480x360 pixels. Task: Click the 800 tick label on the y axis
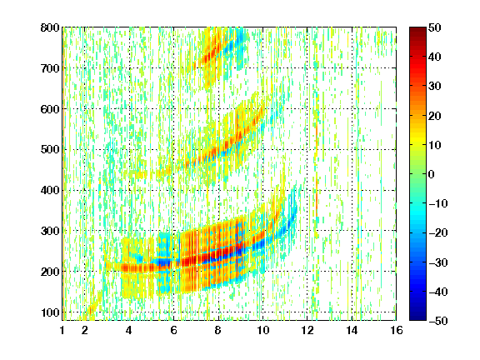[x=50, y=27]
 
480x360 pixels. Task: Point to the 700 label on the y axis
[x=50, y=68]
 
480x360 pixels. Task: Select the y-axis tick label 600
[x=50, y=109]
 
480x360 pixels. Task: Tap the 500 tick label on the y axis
[x=50, y=150]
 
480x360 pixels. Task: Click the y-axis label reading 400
[x=50, y=190]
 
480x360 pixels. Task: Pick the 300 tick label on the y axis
[x=50, y=231]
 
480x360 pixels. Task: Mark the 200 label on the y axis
[x=50, y=272]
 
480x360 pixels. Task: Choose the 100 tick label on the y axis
[x=50, y=312]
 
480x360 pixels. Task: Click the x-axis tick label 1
[x=62, y=330]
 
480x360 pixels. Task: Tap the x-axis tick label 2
[x=84, y=330]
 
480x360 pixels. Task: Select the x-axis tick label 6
[x=173, y=330]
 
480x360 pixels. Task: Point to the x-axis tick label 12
[x=307, y=330]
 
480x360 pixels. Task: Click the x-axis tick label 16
[x=397, y=330]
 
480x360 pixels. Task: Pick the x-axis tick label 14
[x=352, y=330]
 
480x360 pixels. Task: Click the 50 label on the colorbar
[x=434, y=27]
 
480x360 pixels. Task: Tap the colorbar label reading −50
[x=438, y=321]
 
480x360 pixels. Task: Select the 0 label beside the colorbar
[x=432, y=174]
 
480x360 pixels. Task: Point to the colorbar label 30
[x=434, y=87]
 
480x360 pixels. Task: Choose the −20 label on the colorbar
[x=438, y=233]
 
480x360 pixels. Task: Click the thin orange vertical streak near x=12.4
[x=317, y=168]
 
